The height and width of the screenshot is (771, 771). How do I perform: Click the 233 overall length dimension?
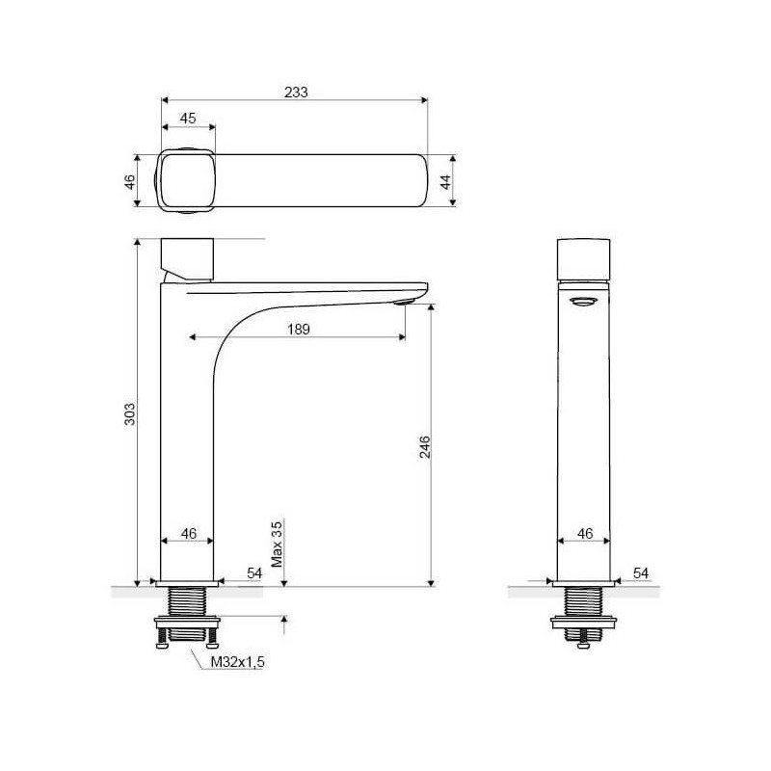[296, 92]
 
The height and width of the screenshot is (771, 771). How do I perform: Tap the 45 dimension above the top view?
[188, 118]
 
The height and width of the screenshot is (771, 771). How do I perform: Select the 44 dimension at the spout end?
[445, 182]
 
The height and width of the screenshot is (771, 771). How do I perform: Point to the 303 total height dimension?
[129, 414]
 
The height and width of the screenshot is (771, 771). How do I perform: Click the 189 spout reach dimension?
[299, 329]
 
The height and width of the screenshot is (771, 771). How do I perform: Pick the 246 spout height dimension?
[425, 447]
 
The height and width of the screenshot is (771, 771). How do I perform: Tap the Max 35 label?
[277, 545]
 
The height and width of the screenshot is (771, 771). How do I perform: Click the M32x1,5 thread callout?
[237, 662]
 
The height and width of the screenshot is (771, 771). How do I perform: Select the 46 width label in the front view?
[189, 533]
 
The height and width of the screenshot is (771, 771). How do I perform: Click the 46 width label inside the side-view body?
[585, 533]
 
